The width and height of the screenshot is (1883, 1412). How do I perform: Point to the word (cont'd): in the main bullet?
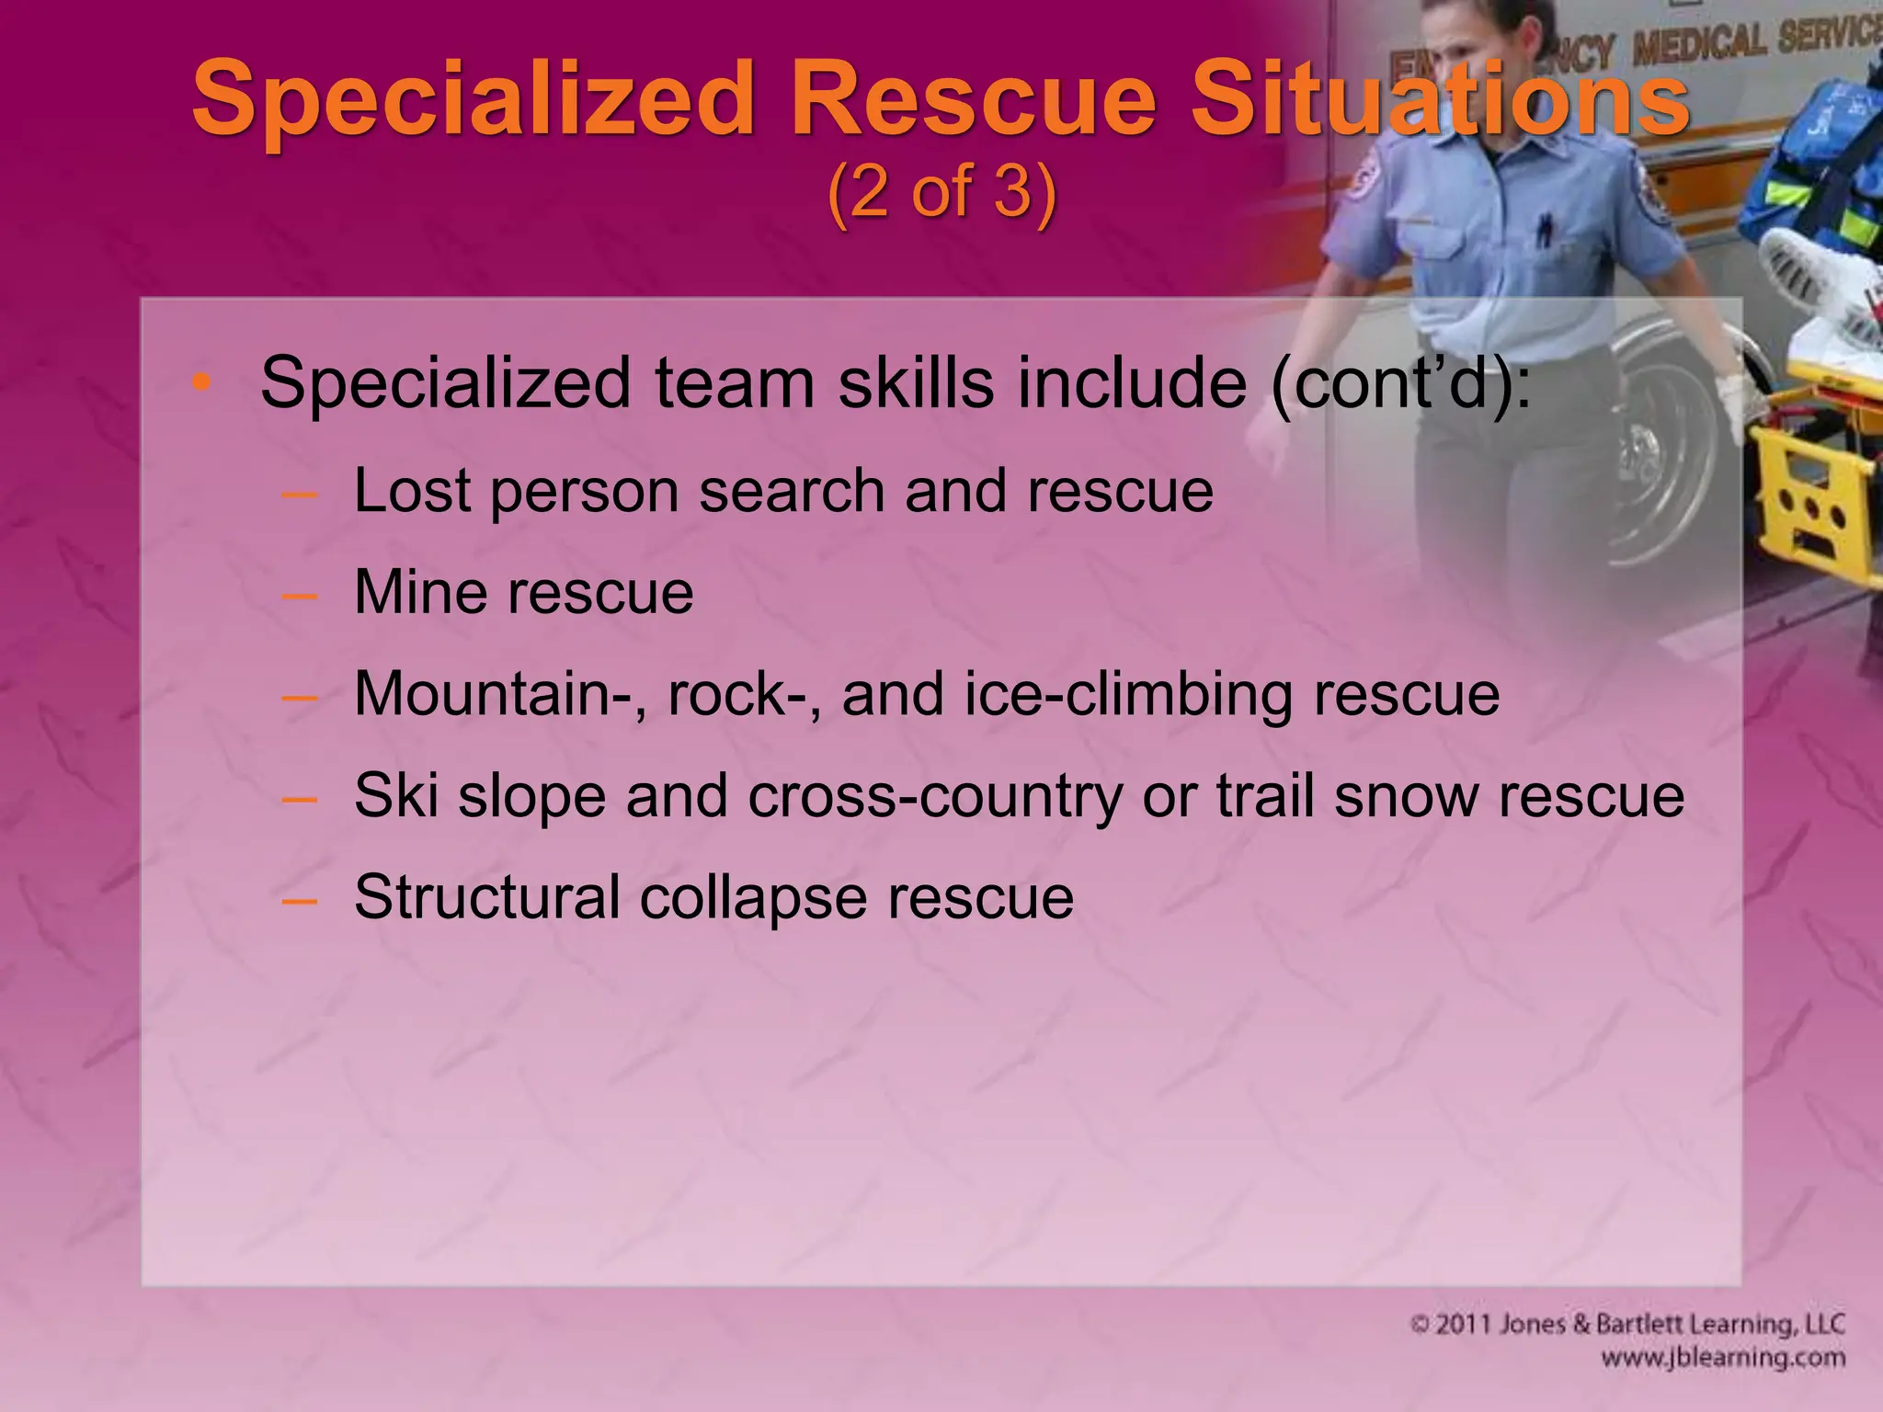pos(1401,382)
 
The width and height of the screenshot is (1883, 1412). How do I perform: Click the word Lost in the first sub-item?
pos(413,491)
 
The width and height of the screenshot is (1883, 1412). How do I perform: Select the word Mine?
pos(419,592)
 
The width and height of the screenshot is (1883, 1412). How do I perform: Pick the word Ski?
pos(395,796)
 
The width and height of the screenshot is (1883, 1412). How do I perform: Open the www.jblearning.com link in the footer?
pos(1722,1358)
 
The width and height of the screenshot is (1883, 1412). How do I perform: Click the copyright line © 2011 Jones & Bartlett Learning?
pos(1627,1324)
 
